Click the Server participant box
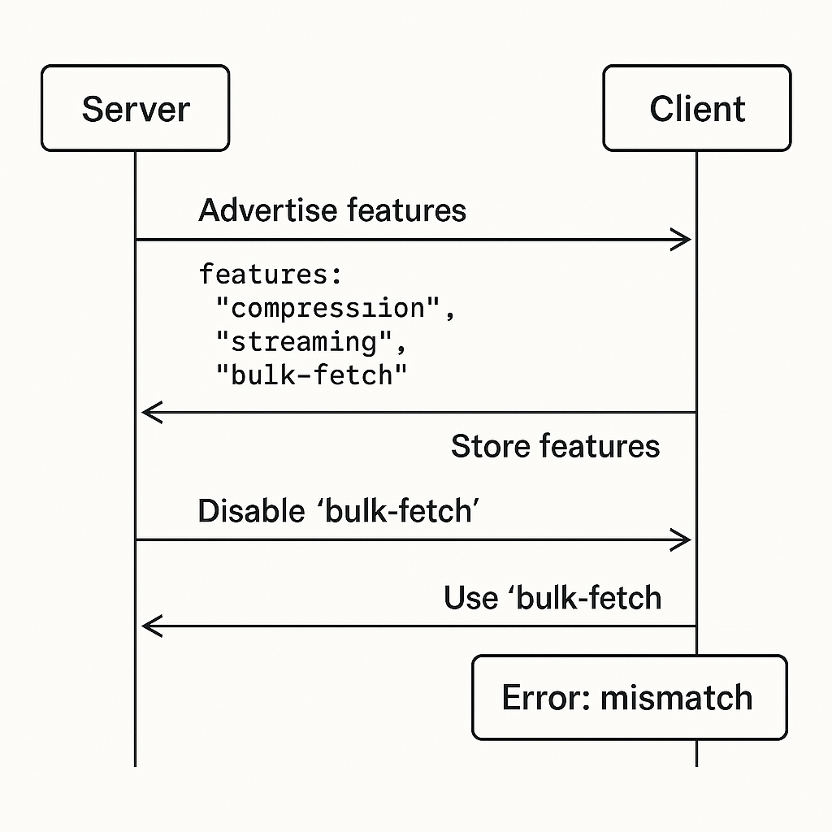(136, 108)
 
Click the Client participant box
(696, 108)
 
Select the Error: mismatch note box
(630, 697)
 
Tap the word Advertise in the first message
(268, 210)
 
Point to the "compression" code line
(336, 308)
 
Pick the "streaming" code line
(311, 342)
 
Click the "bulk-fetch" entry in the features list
(311, 375)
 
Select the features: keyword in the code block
(271, 275)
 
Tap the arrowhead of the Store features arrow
(152, 412)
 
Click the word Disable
(252, 511)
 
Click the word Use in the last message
(470, 598)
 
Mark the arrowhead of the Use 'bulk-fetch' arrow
(152, 626)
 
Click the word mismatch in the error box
(677, 697)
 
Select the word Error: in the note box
(547, 697)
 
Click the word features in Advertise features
(406, 210)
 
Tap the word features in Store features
(600, 446)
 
